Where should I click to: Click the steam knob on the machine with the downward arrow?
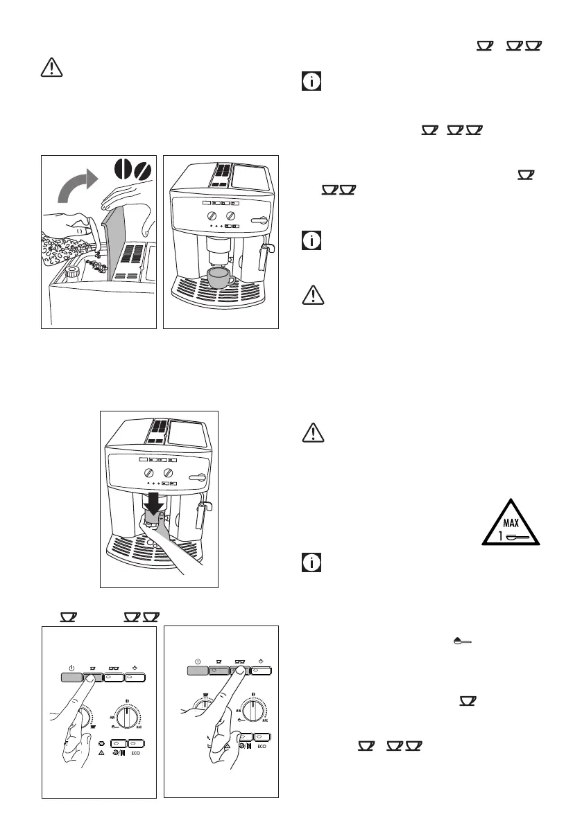(200, 476)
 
